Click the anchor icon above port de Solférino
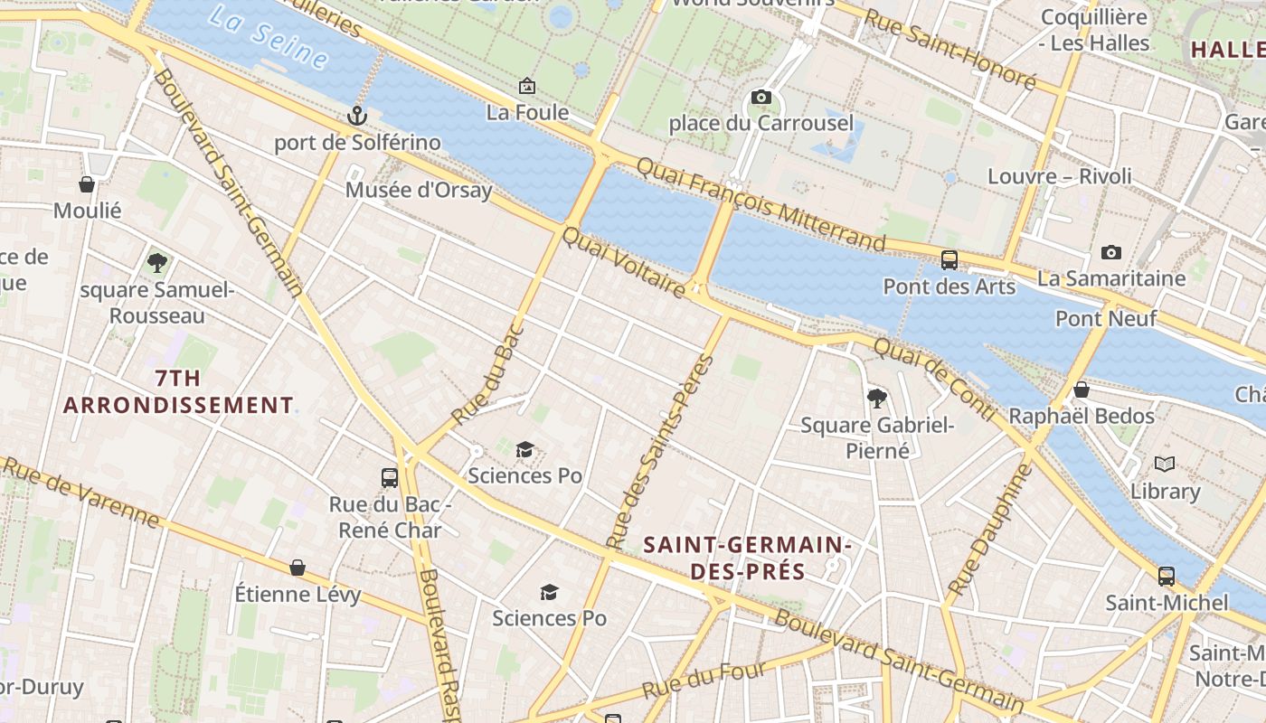[357, 116]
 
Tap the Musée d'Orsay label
[419, 190]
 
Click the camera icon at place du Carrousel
[761, 97]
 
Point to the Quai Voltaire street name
[624, 262]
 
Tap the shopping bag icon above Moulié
[87, 184]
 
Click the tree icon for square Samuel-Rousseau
[157, 263]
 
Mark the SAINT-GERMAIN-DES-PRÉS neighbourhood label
[747, 558]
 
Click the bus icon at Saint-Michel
[1167, 576]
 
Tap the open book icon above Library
[1165, 465]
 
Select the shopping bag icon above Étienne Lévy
[298, 568]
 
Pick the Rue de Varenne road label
[81, 492]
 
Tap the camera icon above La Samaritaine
[1111, 252]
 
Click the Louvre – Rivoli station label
[1059, 176]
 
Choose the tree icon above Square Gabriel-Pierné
[876, 398]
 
